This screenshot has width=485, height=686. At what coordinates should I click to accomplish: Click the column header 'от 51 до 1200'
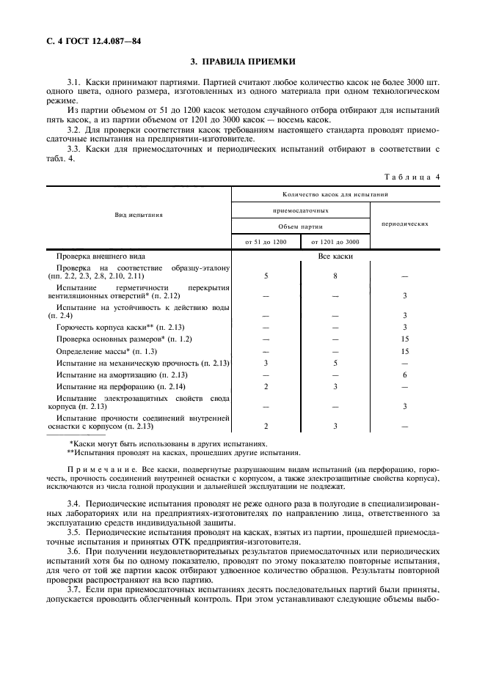click(x=265, y=241)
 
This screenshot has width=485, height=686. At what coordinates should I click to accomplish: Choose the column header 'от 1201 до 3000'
click(x=335, y=241)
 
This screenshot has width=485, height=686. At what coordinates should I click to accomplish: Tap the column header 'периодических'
click(x=404, y=224)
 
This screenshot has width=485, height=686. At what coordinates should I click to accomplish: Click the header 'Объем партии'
click(x=300, y=226)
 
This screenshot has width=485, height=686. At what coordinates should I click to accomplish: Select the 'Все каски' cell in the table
click(x=335, y=257)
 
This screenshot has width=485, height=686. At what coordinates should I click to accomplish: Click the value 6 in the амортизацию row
click(x=404, y=375)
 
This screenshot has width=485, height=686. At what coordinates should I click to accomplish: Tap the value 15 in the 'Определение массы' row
click(x=404, y=351)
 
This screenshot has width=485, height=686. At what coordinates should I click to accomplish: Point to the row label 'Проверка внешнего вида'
click(x=101, y=257)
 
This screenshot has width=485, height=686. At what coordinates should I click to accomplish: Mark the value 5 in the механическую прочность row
click(x=335, y=363)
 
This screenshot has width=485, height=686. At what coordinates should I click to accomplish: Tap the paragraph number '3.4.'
click(x=73, y=505)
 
